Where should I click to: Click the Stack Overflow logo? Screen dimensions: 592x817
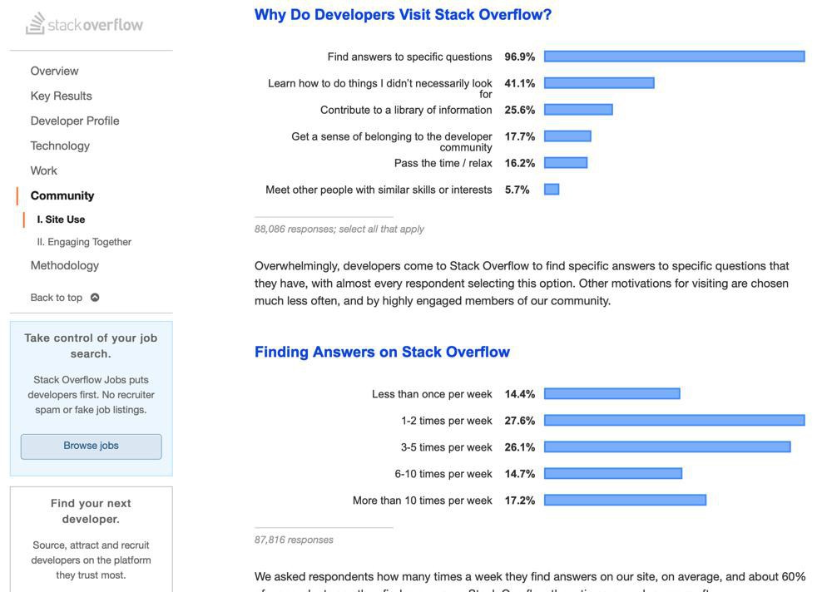84,24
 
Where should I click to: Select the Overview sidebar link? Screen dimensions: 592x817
54,72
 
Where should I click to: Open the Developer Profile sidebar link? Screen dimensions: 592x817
75,121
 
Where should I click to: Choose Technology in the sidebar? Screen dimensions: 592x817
60,146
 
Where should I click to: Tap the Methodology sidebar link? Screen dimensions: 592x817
64,266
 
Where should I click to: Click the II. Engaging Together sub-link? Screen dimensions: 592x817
84,242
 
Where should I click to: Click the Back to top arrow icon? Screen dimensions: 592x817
95,298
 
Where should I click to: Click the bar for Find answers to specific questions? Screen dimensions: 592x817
674,57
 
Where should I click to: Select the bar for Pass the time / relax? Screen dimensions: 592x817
566,163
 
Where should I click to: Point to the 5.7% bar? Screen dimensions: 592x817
552,190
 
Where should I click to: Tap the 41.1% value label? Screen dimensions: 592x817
520,83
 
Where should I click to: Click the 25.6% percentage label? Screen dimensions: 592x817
520,110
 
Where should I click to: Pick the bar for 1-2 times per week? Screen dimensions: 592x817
674,421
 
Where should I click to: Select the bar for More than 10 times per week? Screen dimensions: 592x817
625,501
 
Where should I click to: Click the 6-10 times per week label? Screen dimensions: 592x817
443,474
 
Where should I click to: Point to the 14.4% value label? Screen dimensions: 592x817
520,394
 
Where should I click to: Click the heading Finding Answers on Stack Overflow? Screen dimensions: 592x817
382,352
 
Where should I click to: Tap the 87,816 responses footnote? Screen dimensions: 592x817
294,540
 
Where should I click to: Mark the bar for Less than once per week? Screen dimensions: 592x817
612,394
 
